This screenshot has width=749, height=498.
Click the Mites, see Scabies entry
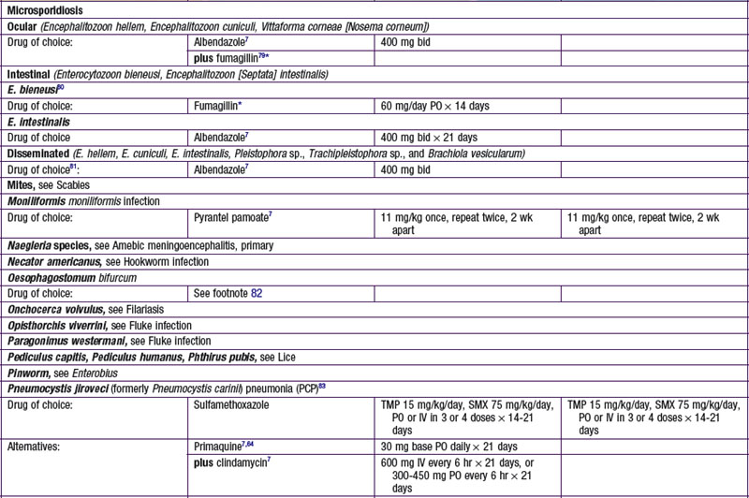coord(45,184)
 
